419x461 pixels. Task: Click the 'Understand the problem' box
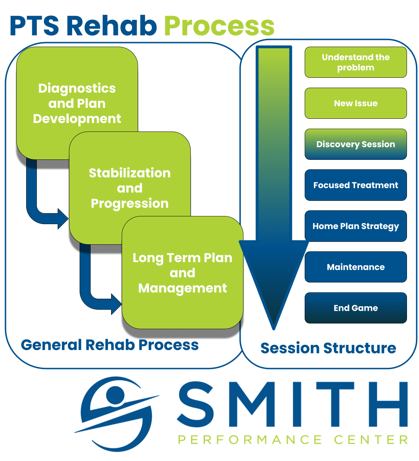click(356, 62)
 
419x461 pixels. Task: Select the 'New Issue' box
click(356, 103)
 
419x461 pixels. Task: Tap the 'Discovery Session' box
click(356, 144)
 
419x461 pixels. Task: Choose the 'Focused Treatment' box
click(356, 185)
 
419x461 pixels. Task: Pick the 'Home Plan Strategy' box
click(356, 226)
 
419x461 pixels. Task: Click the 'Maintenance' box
click(356, 267)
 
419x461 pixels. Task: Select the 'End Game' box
click(356, 308)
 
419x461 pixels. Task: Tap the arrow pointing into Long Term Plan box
click(116, 304)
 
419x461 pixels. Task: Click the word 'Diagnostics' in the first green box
click(77, 88)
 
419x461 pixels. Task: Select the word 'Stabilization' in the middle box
click(130, 173)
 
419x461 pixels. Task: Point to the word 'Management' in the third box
click(182, 288)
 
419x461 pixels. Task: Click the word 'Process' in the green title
click(219, 26)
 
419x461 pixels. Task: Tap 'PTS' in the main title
click(35, 26)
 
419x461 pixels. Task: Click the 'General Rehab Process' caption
click(110, 345)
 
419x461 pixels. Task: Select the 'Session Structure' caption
click(328, 348)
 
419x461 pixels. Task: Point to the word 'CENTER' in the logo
click(371, 440)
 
